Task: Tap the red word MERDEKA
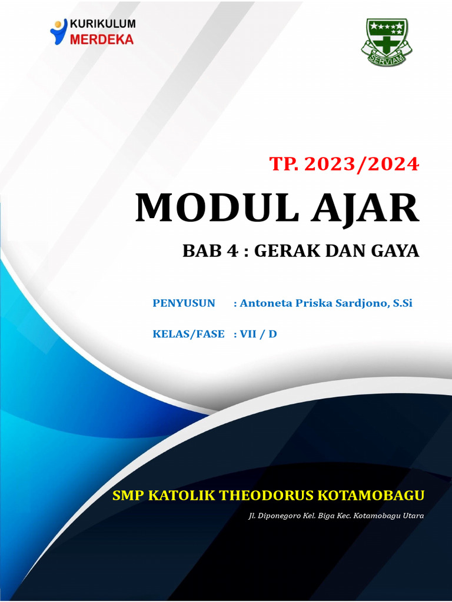[102, 39]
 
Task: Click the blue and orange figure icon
[58, 32]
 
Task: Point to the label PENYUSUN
[184, 303]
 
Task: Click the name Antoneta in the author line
[266, 303]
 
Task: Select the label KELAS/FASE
[188, 334]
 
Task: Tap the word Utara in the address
[413, 516]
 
